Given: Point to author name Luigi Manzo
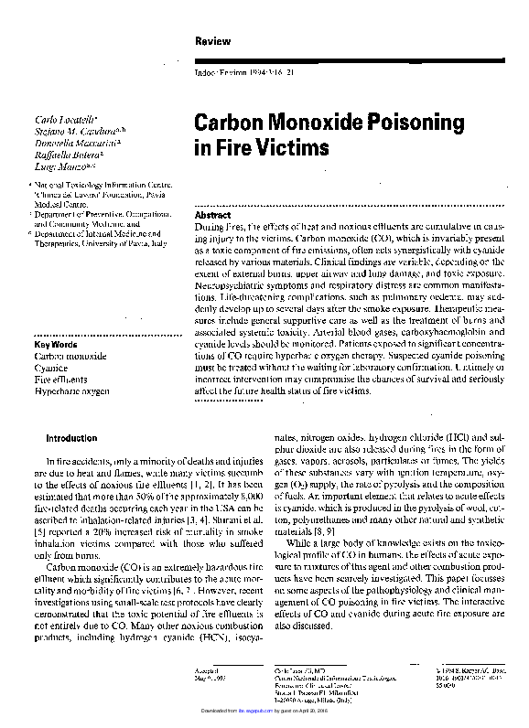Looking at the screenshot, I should point(61,167).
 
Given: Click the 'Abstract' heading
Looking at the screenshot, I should point(213,213).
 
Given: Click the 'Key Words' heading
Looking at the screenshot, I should point(56,344).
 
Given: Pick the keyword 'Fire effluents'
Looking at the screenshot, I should point(61,379).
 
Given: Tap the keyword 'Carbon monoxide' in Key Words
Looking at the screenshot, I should point(70,356).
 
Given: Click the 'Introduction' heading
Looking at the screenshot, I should point(71,438).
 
